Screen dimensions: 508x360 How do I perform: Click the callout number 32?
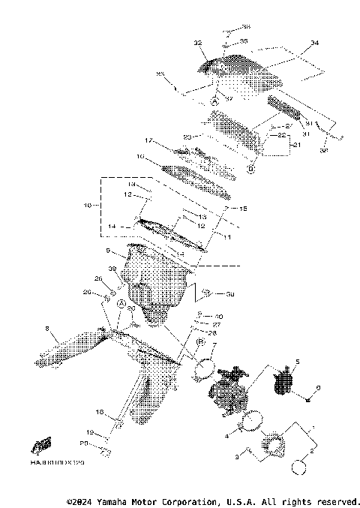(198, 44)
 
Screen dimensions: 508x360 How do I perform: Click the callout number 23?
(188, 137)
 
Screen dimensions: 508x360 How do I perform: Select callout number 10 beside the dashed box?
(86, 204)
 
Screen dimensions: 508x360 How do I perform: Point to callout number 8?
(47, 328)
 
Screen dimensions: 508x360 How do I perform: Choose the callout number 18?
(99, 412)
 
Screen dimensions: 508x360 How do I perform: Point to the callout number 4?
(228, 435)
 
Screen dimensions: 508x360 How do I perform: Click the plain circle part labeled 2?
(298, 467)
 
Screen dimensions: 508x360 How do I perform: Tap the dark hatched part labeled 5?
(283, 381)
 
